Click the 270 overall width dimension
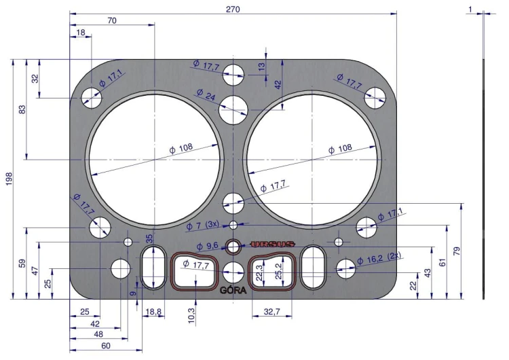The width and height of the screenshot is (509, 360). (x=233, y=9)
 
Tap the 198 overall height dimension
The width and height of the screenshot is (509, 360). (x=9, y=179)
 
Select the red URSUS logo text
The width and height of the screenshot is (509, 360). (x=272, y=244)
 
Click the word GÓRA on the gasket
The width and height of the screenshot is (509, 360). (x=233, y=290)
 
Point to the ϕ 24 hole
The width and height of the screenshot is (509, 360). (x=233, y=109)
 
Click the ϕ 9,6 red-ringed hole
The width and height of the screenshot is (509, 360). (x=233, y=247)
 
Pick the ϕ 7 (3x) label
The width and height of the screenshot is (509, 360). (x=202, y=226)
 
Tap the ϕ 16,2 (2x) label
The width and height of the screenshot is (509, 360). (x=379, y=259)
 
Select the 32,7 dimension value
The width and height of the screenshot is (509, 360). (x=271, y=312)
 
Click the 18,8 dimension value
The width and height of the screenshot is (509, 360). (x=153, y=312)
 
